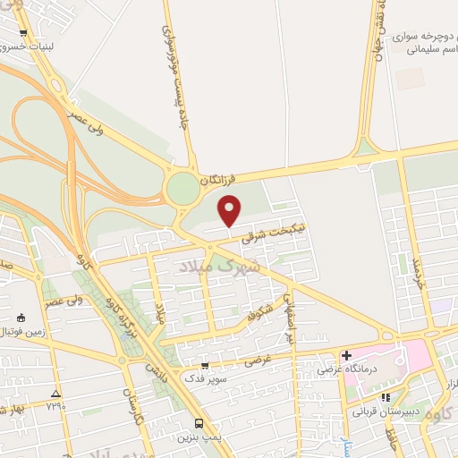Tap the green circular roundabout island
(182, 189)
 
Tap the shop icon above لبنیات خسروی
(22, 35)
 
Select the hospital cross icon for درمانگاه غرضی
(346, 355)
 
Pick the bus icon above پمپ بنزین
(198, 423)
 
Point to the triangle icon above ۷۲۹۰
(55, 393)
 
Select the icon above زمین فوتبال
(21, 318)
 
